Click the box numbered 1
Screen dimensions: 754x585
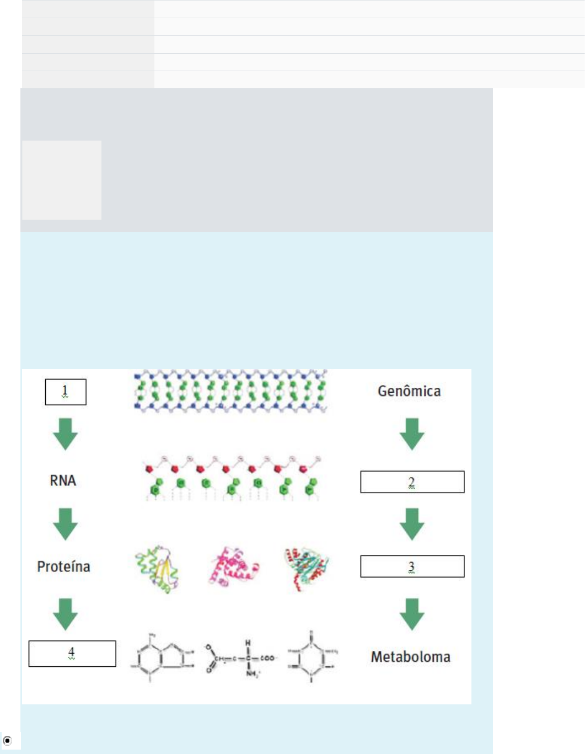(x=66, y=392)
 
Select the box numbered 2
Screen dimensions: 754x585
(x=412, y=482)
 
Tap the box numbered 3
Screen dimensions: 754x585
(x=412, y=566)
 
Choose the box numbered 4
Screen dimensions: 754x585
(x=72, y=653)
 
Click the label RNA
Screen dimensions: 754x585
(x=63, y=480)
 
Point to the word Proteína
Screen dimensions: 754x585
(x=63, y=566)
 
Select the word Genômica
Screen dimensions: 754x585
(x=409, y=391)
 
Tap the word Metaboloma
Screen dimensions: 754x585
(x=410, y=656)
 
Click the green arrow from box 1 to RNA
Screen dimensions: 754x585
(x=66, y=434)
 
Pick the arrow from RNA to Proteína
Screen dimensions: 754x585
(x=66, y=523)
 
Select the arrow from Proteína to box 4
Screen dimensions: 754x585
(x=66, y=613)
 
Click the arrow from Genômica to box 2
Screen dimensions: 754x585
(x=412, y=434)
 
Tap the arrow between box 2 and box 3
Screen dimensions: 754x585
(x=412, y=523)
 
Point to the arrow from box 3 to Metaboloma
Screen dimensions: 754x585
(x=412, y=613)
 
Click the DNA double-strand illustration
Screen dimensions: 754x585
(x=230, y=391)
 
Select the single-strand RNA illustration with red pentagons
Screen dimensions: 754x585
(x=232, y=478)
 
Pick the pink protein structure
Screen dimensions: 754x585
(x=234, y=568)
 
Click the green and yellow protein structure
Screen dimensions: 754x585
(x=158, y=569)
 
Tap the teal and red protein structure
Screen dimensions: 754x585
(x=307, y=569)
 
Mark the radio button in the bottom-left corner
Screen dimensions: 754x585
(x=7, y=741)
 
